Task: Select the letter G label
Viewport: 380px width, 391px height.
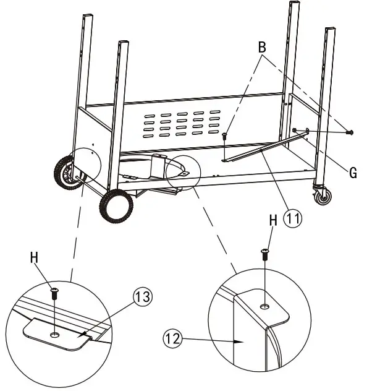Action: point(352,173)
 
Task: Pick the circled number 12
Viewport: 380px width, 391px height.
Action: point(173,338)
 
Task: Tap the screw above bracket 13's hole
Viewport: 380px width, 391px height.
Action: point(55,293)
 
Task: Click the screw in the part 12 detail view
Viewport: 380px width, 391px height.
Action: point(265,252)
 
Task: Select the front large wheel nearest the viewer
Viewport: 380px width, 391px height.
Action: point(116,206)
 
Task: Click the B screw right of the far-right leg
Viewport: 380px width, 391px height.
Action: point(350,132)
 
